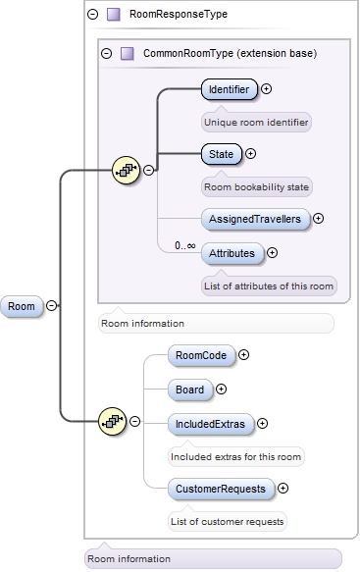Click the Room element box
pos(22,306)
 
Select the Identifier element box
pos(230,89)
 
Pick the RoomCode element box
pos(200,355)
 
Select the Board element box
pos(189,390)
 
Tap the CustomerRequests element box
pos(220,488)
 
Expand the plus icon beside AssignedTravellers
pos(318,218)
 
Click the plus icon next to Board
pos(221,390)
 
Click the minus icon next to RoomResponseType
pos(93,15)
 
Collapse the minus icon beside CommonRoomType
pos(107,53)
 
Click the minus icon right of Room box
pos(51,306)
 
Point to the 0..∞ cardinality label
pos(184,245)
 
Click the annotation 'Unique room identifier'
pos(256,123)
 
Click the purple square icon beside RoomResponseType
pos(113,15)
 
